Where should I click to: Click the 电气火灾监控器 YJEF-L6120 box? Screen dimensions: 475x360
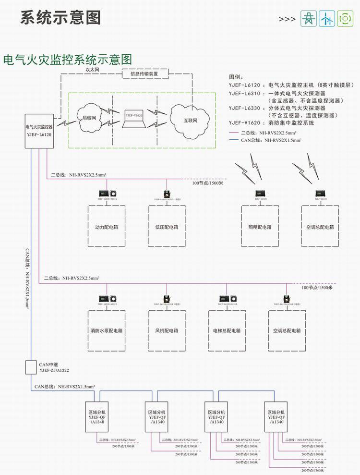coord(39,131)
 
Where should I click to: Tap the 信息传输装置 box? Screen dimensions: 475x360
coord(146,73)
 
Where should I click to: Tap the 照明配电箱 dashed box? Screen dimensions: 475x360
coord(260,227)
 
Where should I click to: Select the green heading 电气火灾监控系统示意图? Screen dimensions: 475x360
coord(68,60)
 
